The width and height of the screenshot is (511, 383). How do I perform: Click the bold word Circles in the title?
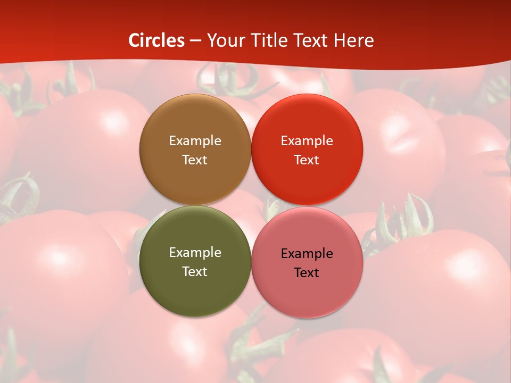pyautogui.click(x=156, y=40)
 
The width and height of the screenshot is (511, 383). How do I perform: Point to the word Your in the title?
pyautogui.click(x=224, y=40)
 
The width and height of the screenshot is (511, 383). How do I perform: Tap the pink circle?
pyautogui.click(x=307, y=293)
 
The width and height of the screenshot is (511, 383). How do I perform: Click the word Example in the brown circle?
pyautogui.click(x=195, y=140)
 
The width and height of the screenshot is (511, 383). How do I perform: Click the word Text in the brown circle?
pyautogui.click(x=195, y=160)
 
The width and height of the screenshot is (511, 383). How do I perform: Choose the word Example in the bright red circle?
pyautogui.click(x=307, y=140)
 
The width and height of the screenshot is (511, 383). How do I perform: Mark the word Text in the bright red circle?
pyautogui.click(x=307, y=160)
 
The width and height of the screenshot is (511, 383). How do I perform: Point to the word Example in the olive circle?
pyautogui.click(x=195, y=252)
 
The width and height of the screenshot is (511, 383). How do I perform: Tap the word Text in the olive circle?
pyautogui.click(x=195, y=272)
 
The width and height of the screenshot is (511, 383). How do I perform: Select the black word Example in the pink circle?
pyautogui.click(x=307, y=253)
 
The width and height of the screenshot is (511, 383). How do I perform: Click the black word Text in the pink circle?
pyautogui.click(x=307, y=273)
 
